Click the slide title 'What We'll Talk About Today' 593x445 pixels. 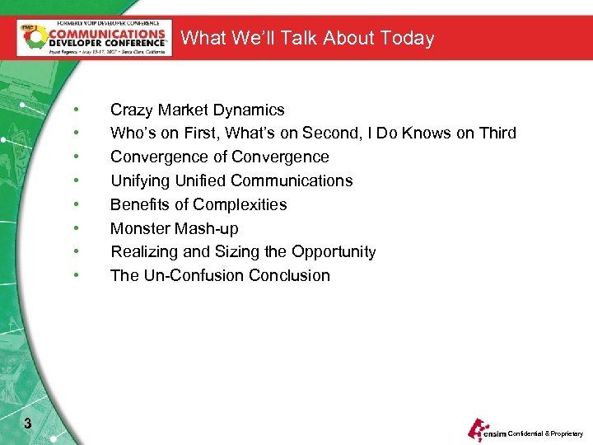point(306,38)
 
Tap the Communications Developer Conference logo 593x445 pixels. point(95,37)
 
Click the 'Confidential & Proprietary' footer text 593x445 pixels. point(545,433)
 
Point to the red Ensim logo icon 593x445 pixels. point(478,429)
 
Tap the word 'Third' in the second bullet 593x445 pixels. point(496,133)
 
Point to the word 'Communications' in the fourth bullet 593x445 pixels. point(292,181)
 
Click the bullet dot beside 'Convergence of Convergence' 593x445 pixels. point(76,157)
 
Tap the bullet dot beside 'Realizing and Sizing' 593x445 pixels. point(76,252)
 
